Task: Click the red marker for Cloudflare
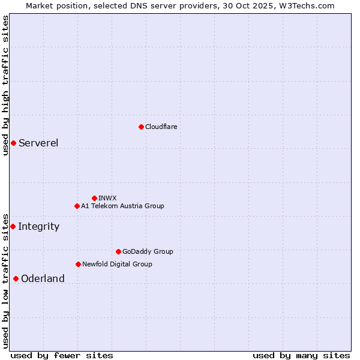(141, 127)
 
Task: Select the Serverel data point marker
(13, 143)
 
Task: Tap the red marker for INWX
(94, 198)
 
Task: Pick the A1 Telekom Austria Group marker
(77, 206)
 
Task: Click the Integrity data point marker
(13, 226)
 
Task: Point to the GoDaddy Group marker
(118, 251)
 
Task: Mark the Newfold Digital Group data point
(78, 264)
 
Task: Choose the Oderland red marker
(16, 278)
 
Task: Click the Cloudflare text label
(161, 127)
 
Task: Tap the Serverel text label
(38, 143)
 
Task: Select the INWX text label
(107, 198)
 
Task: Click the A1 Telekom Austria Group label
(122, 206)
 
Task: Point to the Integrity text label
(38, 226)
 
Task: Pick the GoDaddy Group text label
(148, 251)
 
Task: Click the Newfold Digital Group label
(117, 264)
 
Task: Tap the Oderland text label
(43, 278)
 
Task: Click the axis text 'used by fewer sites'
(62, 355)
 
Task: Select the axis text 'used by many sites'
(301, 355)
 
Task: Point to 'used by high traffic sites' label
(5, 85)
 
